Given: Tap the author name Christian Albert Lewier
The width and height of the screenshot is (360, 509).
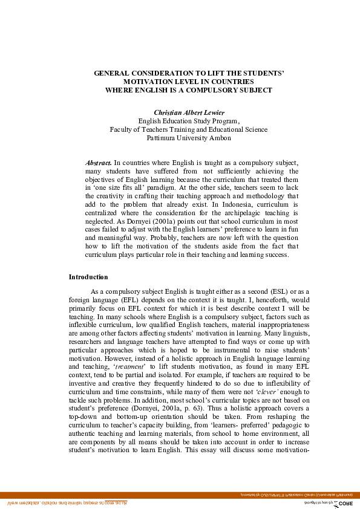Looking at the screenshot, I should (189, 112).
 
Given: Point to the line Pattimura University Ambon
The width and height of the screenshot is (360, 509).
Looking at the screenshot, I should (189, 137).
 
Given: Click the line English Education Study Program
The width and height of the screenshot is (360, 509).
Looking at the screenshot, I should (189, 121).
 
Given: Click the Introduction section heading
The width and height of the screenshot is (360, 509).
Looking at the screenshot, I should (88, 277).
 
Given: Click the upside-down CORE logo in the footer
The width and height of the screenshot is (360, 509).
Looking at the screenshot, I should (342, 503).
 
